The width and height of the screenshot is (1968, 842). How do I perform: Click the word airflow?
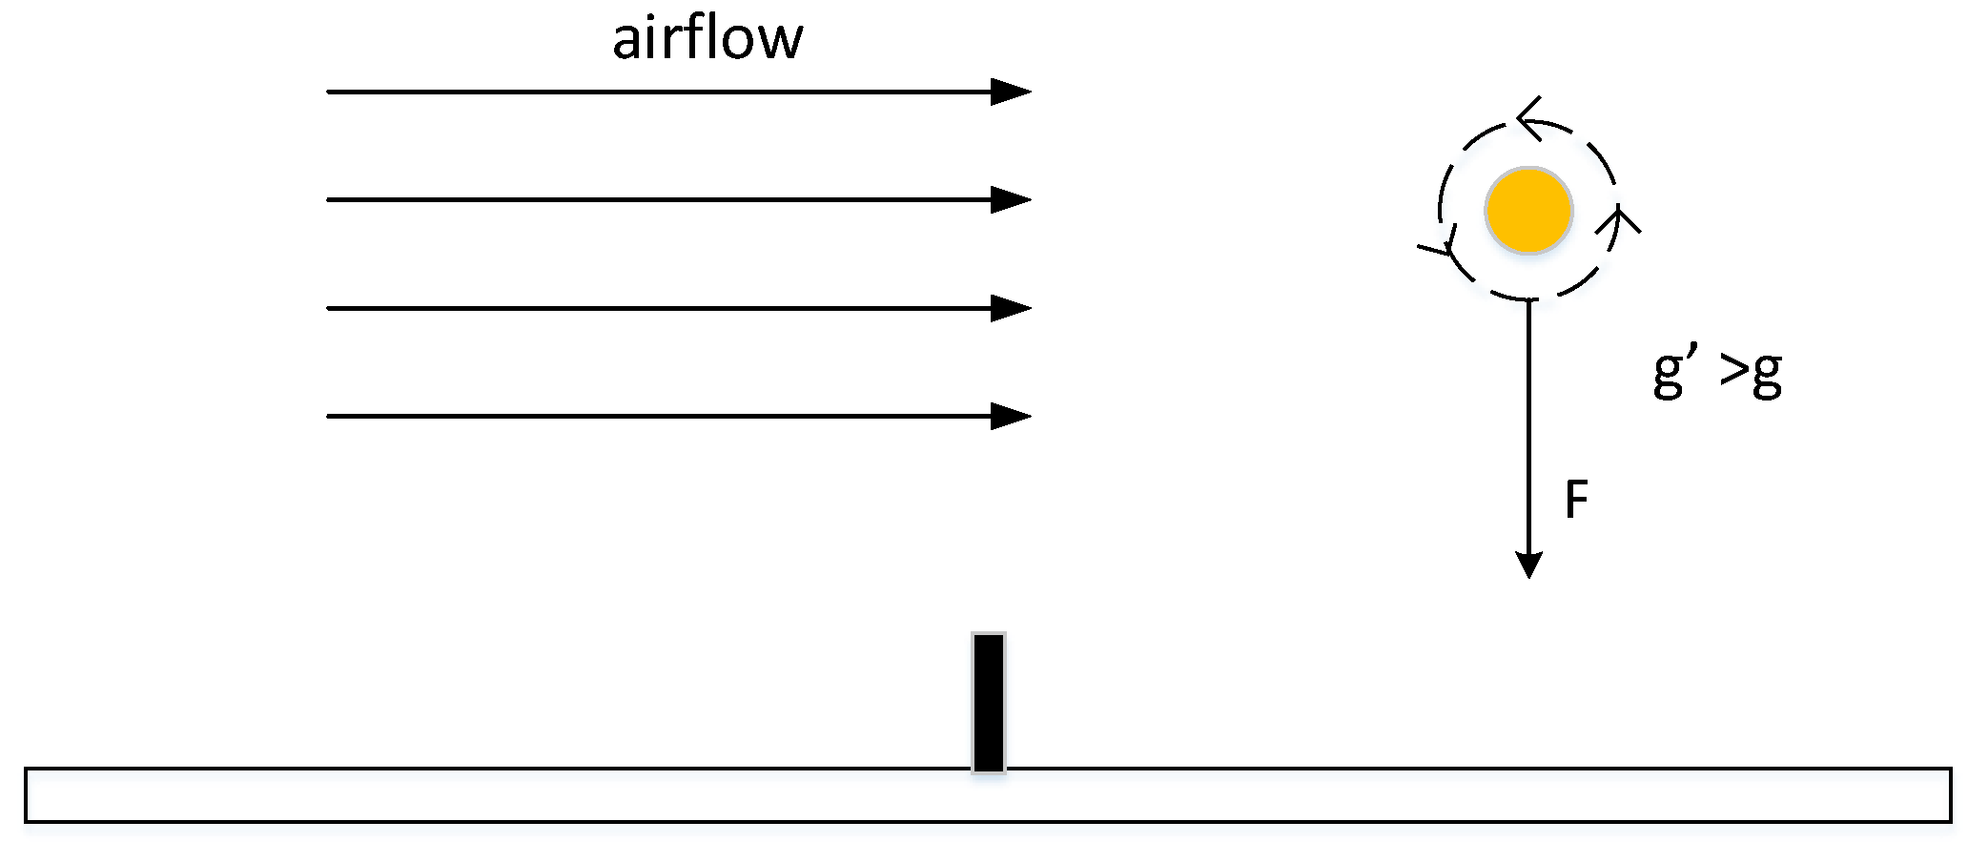707,40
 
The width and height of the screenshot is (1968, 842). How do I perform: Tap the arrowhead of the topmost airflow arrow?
1013,92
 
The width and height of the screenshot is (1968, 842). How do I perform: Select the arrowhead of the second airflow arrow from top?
1013,200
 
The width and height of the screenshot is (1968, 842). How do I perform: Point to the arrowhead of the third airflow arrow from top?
1013,309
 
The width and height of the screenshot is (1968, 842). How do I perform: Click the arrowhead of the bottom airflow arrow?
1013,417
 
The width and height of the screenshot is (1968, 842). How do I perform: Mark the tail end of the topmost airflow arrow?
330,92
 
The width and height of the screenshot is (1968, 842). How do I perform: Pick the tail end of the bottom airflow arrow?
330,417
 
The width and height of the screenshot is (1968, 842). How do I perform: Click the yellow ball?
1528,211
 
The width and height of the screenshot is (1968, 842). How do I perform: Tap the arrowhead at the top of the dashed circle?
1527,120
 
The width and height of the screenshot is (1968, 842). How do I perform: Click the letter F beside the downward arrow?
1577,500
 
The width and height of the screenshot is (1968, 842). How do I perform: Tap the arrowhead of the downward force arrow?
1528,565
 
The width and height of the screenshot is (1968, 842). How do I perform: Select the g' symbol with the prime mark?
1674,374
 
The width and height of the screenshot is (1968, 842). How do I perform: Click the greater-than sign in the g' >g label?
1734,373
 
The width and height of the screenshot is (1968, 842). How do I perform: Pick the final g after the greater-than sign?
1767,378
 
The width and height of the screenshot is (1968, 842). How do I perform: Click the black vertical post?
988,702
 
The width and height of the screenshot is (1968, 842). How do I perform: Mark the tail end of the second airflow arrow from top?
330,200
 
